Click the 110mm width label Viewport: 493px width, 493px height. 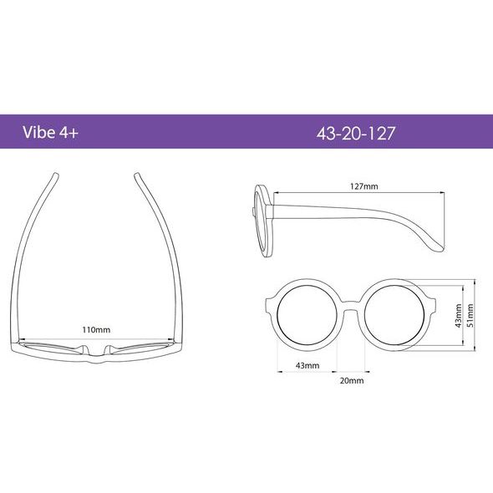click(95, 329)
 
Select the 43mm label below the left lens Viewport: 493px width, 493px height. click(307, 366)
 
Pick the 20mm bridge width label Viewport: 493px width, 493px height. click(351, 380)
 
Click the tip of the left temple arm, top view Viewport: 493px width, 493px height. click(55, 175)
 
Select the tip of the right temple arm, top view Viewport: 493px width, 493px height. click(135, 175)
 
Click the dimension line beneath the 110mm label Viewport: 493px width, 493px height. click(95, 337)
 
